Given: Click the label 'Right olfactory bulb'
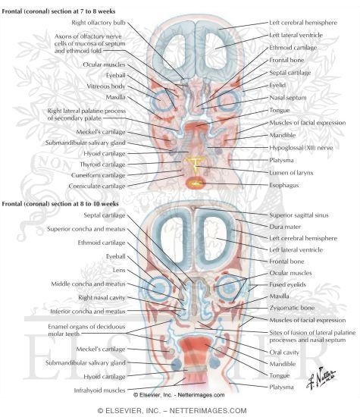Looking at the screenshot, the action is click(x=99, y=23).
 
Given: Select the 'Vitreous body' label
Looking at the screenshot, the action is click(x=106, y=86).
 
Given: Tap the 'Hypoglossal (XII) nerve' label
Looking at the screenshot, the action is click(x=301, y=148).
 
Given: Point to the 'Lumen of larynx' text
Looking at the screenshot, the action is click(x=291, y=173).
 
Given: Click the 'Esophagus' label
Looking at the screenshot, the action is click(x=284, y=185).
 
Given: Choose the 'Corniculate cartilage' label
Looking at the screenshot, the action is click(x=97, y=187).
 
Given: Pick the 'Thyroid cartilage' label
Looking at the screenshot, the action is click(x=102, y=165).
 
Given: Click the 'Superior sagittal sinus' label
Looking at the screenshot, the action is click(x=299, y=215).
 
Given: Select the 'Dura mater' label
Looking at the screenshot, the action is click(x=285, y=227).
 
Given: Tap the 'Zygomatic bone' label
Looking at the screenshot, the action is click(x=292, y=308).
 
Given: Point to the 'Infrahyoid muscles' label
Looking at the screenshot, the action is click(x=99, y=390).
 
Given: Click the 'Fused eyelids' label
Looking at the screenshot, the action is click(x=287, y=284).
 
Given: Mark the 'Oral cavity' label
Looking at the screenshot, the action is click(x=284, y=353).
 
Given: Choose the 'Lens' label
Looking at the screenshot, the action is click(x=119, y=270).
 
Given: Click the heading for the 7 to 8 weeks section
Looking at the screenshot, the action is click(x=58, y=11).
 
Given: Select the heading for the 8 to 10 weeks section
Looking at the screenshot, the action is click(x=60, y=204).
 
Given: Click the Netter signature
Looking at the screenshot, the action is click(x=321, y=378).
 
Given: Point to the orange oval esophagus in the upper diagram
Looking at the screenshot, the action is click(x=196, y=183).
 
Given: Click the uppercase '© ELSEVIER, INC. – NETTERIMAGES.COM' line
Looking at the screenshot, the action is click(x=172, y=411).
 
